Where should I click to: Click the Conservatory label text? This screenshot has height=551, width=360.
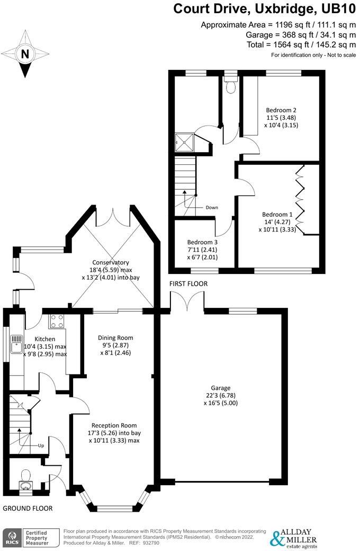point(110,262)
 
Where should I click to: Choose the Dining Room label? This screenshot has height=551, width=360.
point(115,337)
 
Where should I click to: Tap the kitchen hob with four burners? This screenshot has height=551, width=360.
point(57,322)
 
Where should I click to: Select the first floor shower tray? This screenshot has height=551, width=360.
point(183,141)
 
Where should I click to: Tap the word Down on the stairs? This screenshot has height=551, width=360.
point(212,208)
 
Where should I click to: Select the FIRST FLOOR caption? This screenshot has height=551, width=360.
point(188,284)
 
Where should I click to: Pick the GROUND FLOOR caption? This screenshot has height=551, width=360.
point(28,508)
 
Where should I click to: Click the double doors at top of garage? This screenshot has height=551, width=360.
point(187,302)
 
